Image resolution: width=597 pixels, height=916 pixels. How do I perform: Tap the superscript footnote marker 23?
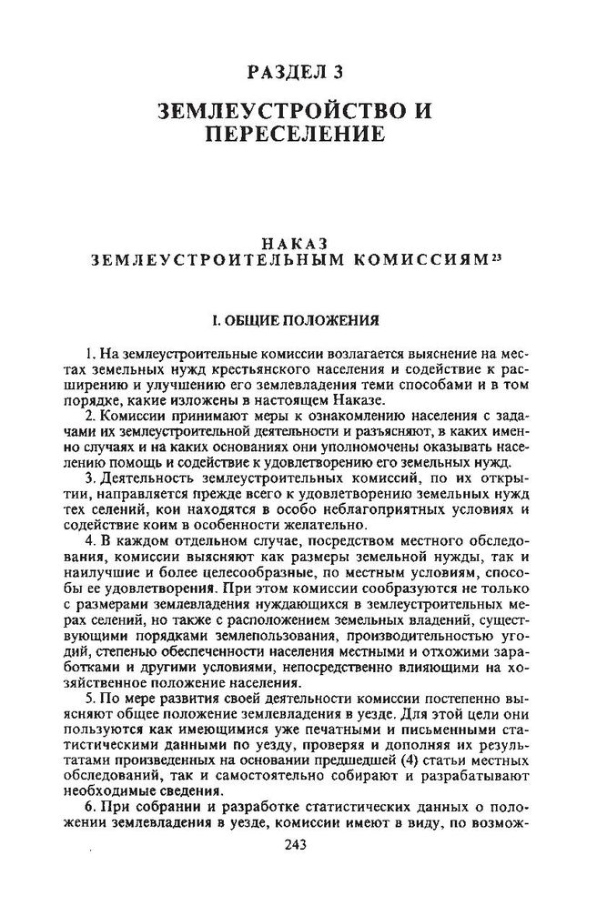(x=496, y=256)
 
